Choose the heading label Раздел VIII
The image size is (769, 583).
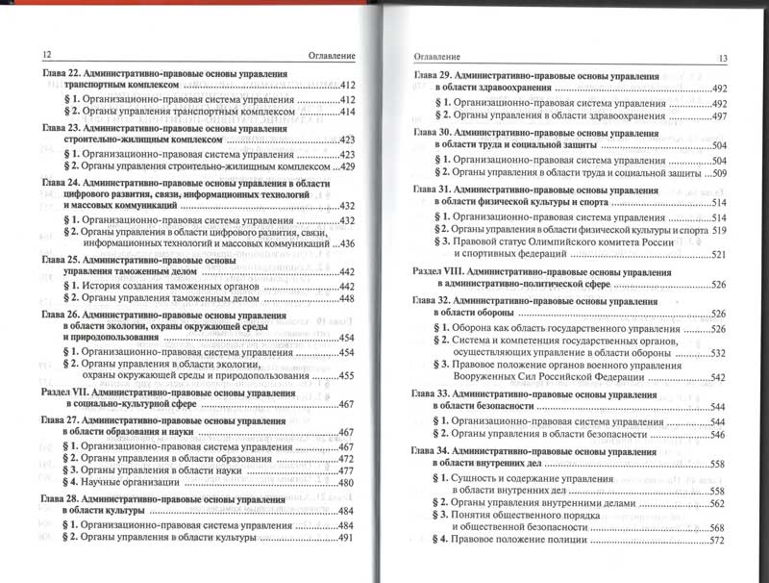[440, 272]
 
